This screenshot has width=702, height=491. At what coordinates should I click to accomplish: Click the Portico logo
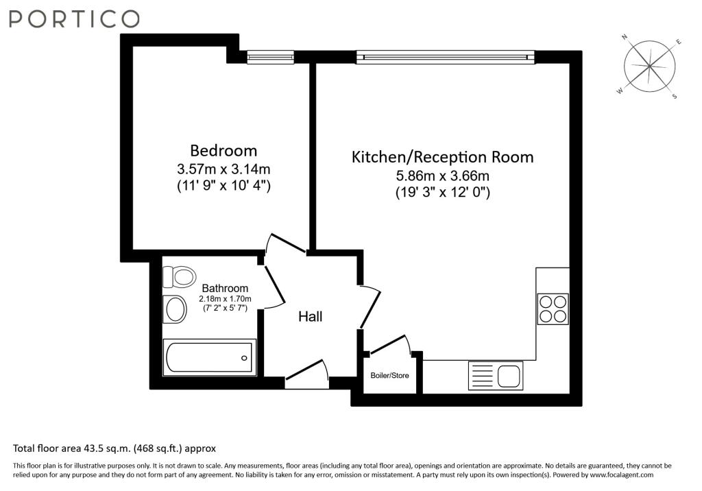point(74,19)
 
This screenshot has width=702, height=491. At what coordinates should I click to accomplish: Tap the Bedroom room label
point(223,150)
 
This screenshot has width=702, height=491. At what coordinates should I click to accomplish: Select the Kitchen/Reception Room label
point(442,157)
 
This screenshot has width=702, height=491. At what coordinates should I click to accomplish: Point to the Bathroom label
point(225,288)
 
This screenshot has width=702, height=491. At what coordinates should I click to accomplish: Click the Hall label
point(311,317)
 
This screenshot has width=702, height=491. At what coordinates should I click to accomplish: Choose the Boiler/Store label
point(389,375)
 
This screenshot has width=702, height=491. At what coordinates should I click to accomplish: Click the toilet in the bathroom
point(179,276)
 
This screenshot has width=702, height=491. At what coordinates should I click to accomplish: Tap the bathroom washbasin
point(175,309)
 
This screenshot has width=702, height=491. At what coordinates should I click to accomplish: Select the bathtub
point(209,357)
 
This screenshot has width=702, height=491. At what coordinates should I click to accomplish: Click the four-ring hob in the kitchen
point(553,309)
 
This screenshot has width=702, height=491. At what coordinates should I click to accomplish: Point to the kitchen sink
point(496,375)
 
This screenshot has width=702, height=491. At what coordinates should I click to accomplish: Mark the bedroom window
point(270,57)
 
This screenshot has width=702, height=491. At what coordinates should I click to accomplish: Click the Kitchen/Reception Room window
point(446,57)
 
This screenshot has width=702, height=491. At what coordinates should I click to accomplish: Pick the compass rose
point(649,67)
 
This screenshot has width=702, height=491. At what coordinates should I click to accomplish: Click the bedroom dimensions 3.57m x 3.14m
point(223,169)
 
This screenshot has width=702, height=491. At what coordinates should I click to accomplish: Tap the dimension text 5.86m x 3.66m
point(442,176)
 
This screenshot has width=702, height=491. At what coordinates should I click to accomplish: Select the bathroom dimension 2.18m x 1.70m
point(225,299)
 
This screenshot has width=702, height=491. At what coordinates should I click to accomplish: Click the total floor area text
point(114,448)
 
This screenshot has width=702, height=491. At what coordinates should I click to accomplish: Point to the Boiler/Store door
point(387,345)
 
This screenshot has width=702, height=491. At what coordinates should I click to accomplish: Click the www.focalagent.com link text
point(621,475)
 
